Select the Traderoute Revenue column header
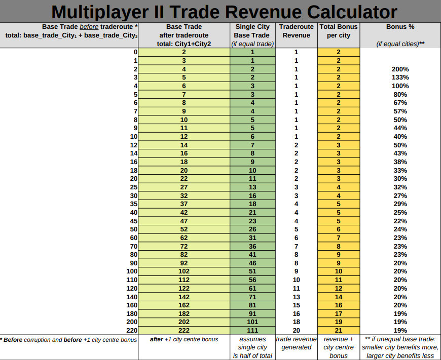click(296, 31)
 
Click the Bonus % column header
click(400, 26)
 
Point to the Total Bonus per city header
click(338, 31)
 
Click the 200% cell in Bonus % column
click(400, 69)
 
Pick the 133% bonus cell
click(400, 77)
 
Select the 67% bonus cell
click(400, 103)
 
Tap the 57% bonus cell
click(400, 111)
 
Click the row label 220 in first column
click(131, 331)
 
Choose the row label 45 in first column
click(133, 221)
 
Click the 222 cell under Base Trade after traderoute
click(183, 331)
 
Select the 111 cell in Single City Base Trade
click(252, 331)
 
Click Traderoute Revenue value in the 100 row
click(296, 271)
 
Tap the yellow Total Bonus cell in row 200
click(338, 322)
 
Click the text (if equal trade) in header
click(252, 44)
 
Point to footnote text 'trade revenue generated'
click(296, 343)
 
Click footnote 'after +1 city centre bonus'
click(184, 339)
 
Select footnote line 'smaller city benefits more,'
click(400, 347)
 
